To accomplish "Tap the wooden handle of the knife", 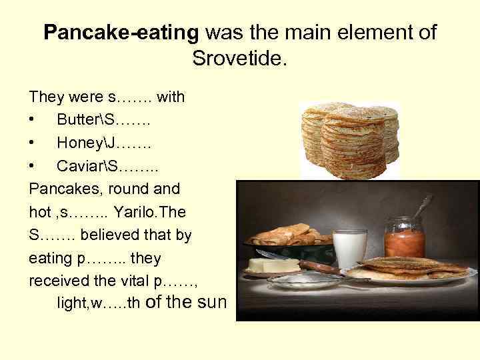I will point(320,266).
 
